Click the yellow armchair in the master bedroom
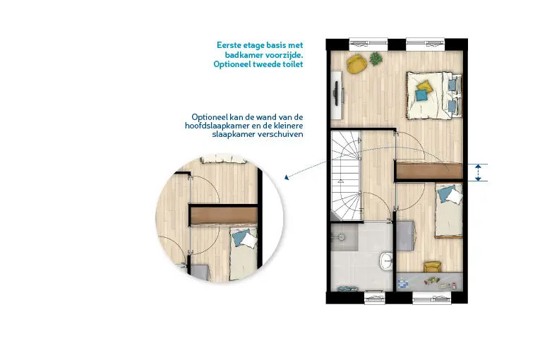(x=356, y=64)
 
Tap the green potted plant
(x=376, y=59)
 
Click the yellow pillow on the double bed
(x=425, y=86)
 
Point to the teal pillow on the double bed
(x=421, y=95)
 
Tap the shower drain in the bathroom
(x=341, y=237)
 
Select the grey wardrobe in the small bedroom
(x=405, y=235)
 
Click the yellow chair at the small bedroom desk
(x=432, y=266)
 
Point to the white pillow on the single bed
(x=455, y=197)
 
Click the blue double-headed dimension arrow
(x=478, y=173)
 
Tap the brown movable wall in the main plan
(x=428, y=171)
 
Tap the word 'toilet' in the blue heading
(x=293, y=64)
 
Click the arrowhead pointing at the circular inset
(x=286, y=177)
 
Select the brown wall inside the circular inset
(x=224, y=216)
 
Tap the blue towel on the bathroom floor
(x=347, y=289)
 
